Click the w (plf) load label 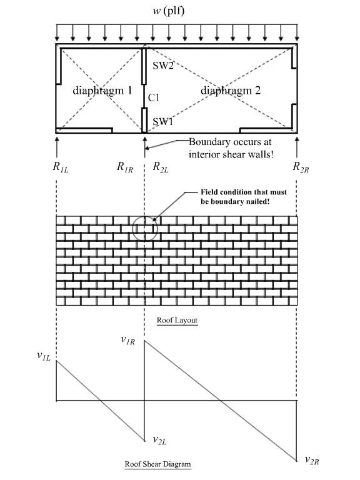[x=169, y=11]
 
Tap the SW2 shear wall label [x=163, y=65]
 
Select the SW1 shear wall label [x=163, y=121]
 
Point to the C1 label [x=154, y=97]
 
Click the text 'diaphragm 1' [x=102, y=91]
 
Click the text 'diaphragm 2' [x=231, y=91]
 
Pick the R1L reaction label [x=61, y=167]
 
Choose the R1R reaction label [x=125, y=167]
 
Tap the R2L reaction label [x=161, y=167]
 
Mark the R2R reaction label [x=301, y=167]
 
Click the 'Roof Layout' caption [x=177, y=320]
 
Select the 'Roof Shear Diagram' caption [x=157, y=464]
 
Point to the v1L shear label [x=44, y=356]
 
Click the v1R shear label [x=127, y=340]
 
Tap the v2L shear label [x=159, y=440]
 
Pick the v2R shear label [x=312, y=460]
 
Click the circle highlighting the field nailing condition [x=145, y=216]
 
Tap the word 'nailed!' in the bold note [x=257, y=202]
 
